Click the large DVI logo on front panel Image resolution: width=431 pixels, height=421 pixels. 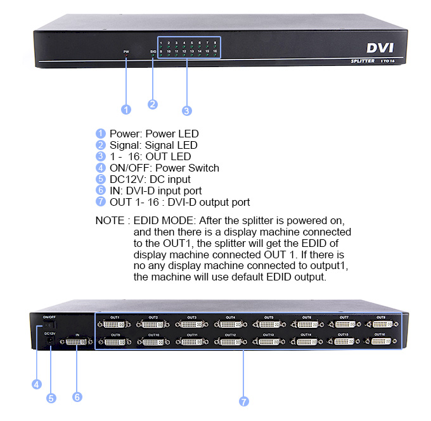coord(382,47)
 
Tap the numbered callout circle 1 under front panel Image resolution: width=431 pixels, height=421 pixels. coord(126,110)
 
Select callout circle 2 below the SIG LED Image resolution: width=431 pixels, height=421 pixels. coord(153,104)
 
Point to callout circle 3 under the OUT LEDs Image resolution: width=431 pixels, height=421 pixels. coord(186,111)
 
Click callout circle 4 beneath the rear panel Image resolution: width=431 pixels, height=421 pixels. coord(37,384)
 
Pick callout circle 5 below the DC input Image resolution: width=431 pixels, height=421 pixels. coord(51,398)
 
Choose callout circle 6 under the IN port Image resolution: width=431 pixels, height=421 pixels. coord(77,397)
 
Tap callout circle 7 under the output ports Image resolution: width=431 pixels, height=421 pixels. coord(244,401)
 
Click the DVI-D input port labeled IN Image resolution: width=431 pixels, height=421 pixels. coord(77,342)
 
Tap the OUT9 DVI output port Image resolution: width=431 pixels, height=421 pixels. coord(115,342)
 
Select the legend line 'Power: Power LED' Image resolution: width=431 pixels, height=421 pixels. coord(154,134)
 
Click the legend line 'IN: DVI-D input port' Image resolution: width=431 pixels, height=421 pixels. coord(156,191)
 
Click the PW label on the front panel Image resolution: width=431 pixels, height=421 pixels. coord(126,51)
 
